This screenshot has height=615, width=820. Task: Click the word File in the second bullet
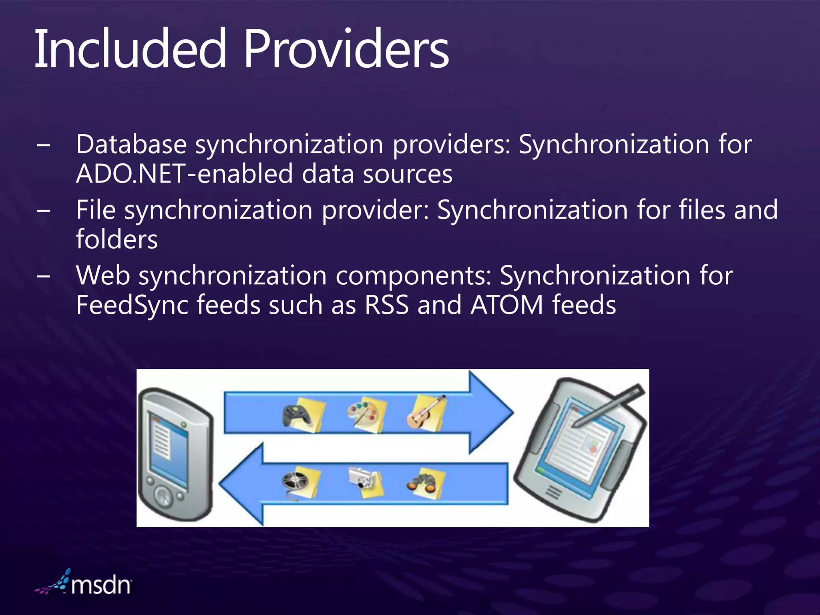pos(96,210)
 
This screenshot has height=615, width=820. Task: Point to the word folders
pos(117,239)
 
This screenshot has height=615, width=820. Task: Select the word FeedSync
pos(132,305)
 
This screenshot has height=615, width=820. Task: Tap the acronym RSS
pos(386,305)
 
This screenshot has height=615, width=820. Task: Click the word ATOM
pos(507,305)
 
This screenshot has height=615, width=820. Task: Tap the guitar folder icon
pos(426,412)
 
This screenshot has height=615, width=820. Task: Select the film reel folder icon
pos(300,482)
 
